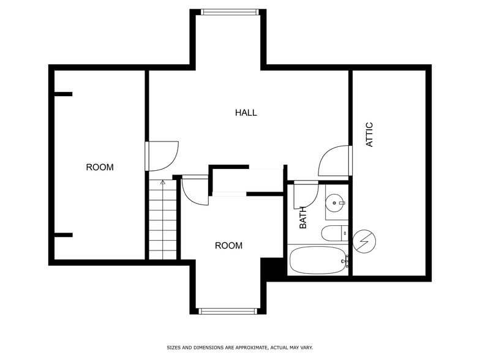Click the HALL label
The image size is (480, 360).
coord(246,113)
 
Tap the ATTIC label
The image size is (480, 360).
coord(370,135)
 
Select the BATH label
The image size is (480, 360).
coord(302,218)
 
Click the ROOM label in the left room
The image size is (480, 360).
coord(100,167)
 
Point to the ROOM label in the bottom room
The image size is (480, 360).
coord(229,246)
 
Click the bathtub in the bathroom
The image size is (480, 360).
coord(318,260)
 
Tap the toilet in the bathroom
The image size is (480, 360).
coord(335,233)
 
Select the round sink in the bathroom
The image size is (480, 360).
coord(334,203)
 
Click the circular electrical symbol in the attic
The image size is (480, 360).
coord(364,241)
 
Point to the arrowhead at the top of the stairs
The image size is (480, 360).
coord(163,182)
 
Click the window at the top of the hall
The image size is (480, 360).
coord(230,12)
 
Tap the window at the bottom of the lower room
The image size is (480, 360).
coord(228,311)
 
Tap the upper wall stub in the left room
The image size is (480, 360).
coord(64,94)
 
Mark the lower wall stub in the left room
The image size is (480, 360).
coord(64,235)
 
